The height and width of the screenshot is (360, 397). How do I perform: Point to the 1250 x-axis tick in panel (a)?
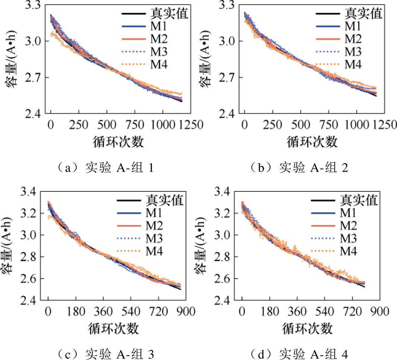191,125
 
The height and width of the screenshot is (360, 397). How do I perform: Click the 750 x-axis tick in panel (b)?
328,125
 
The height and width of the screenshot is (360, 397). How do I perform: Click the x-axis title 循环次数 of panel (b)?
312,142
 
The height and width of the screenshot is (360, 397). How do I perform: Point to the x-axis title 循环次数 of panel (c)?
114,329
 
